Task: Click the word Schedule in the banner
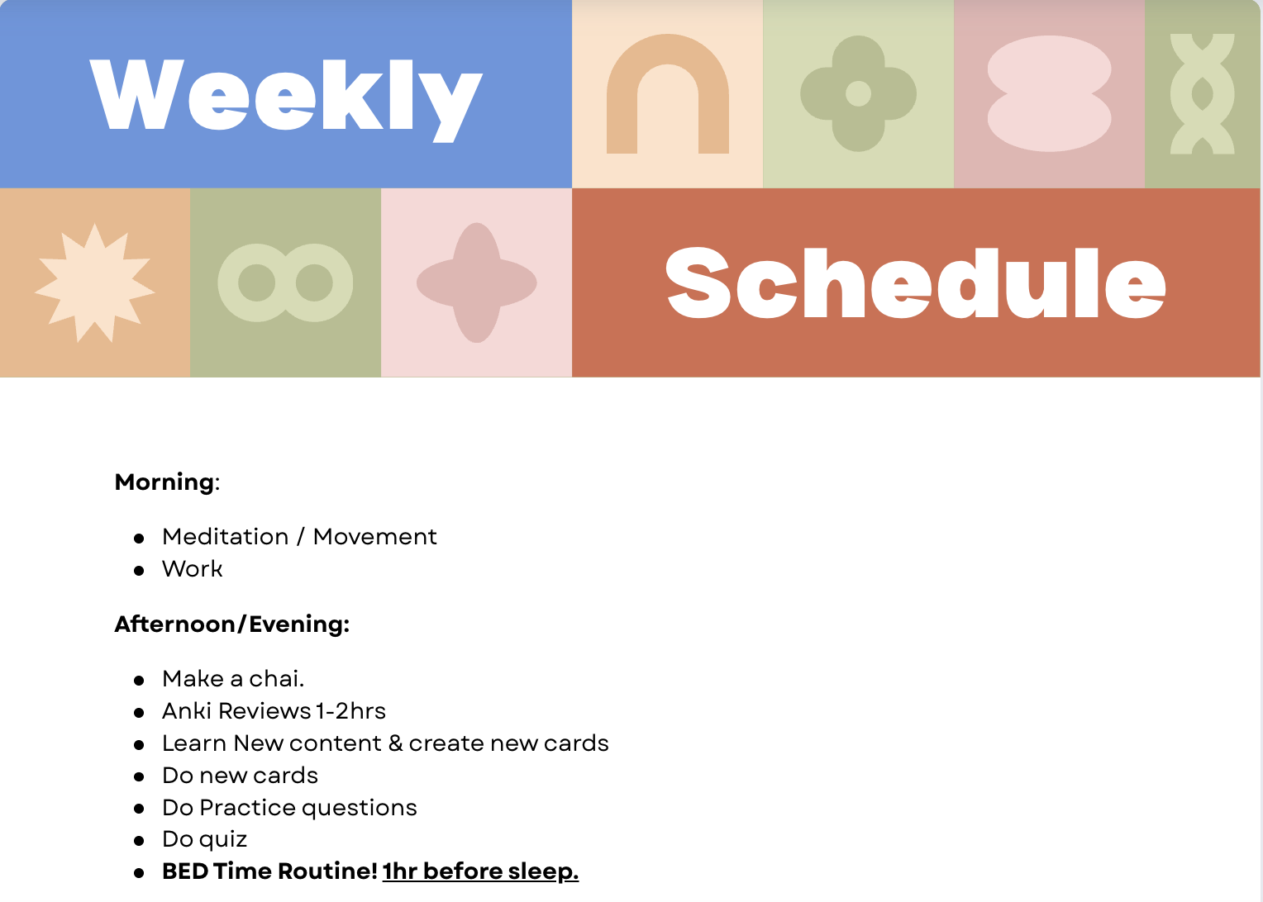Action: pyautogui.click(x=916, y=282)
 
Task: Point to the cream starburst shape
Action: pyautogui.click(x=95, y=282)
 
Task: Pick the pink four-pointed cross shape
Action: pyautogui.click(x=476, y=282)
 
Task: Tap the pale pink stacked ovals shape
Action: pyautogui.click(x=1049, y=93)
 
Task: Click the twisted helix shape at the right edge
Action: pyautogui.click(x=1202, y=93)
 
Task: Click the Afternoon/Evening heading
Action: pyautogui.click(x=231, y=624)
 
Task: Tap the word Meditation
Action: pyautogui.click(x=225, y=536)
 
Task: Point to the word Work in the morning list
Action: pyautogui.click(x=193, y=568)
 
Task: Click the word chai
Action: pyautogui.click(x=276, y=678)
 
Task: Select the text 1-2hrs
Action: pyautogui.click(x=350, y=711)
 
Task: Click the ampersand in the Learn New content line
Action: pyautogui.click(x=395, y=743)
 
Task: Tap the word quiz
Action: pyautogui.click(x=224, y=840)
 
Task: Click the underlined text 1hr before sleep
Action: pyautogui.click(x=480, y=871)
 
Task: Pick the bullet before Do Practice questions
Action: pyautogui.click(x=139, y=809)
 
